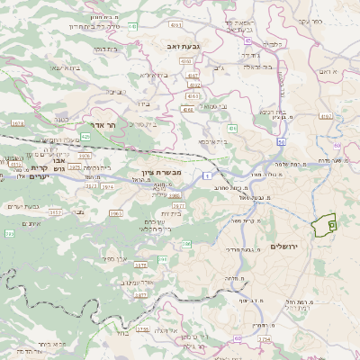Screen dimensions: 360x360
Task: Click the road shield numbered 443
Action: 132,27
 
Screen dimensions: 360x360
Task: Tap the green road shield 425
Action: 85,137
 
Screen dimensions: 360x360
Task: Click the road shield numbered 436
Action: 232,129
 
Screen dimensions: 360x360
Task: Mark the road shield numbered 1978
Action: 17,123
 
